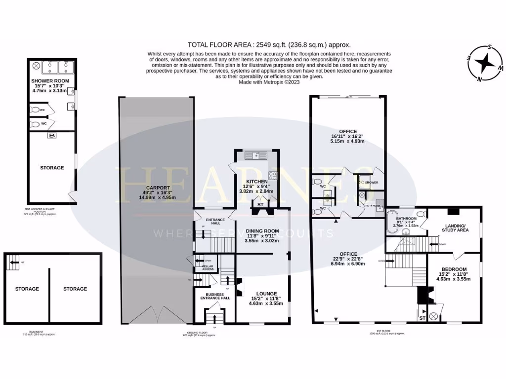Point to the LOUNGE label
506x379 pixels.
pyautogui.click(x=266, y=293)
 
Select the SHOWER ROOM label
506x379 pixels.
pyautogui.click(x=50, y=80)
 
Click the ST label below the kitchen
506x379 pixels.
pyautogui.click(x=260, y=204)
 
